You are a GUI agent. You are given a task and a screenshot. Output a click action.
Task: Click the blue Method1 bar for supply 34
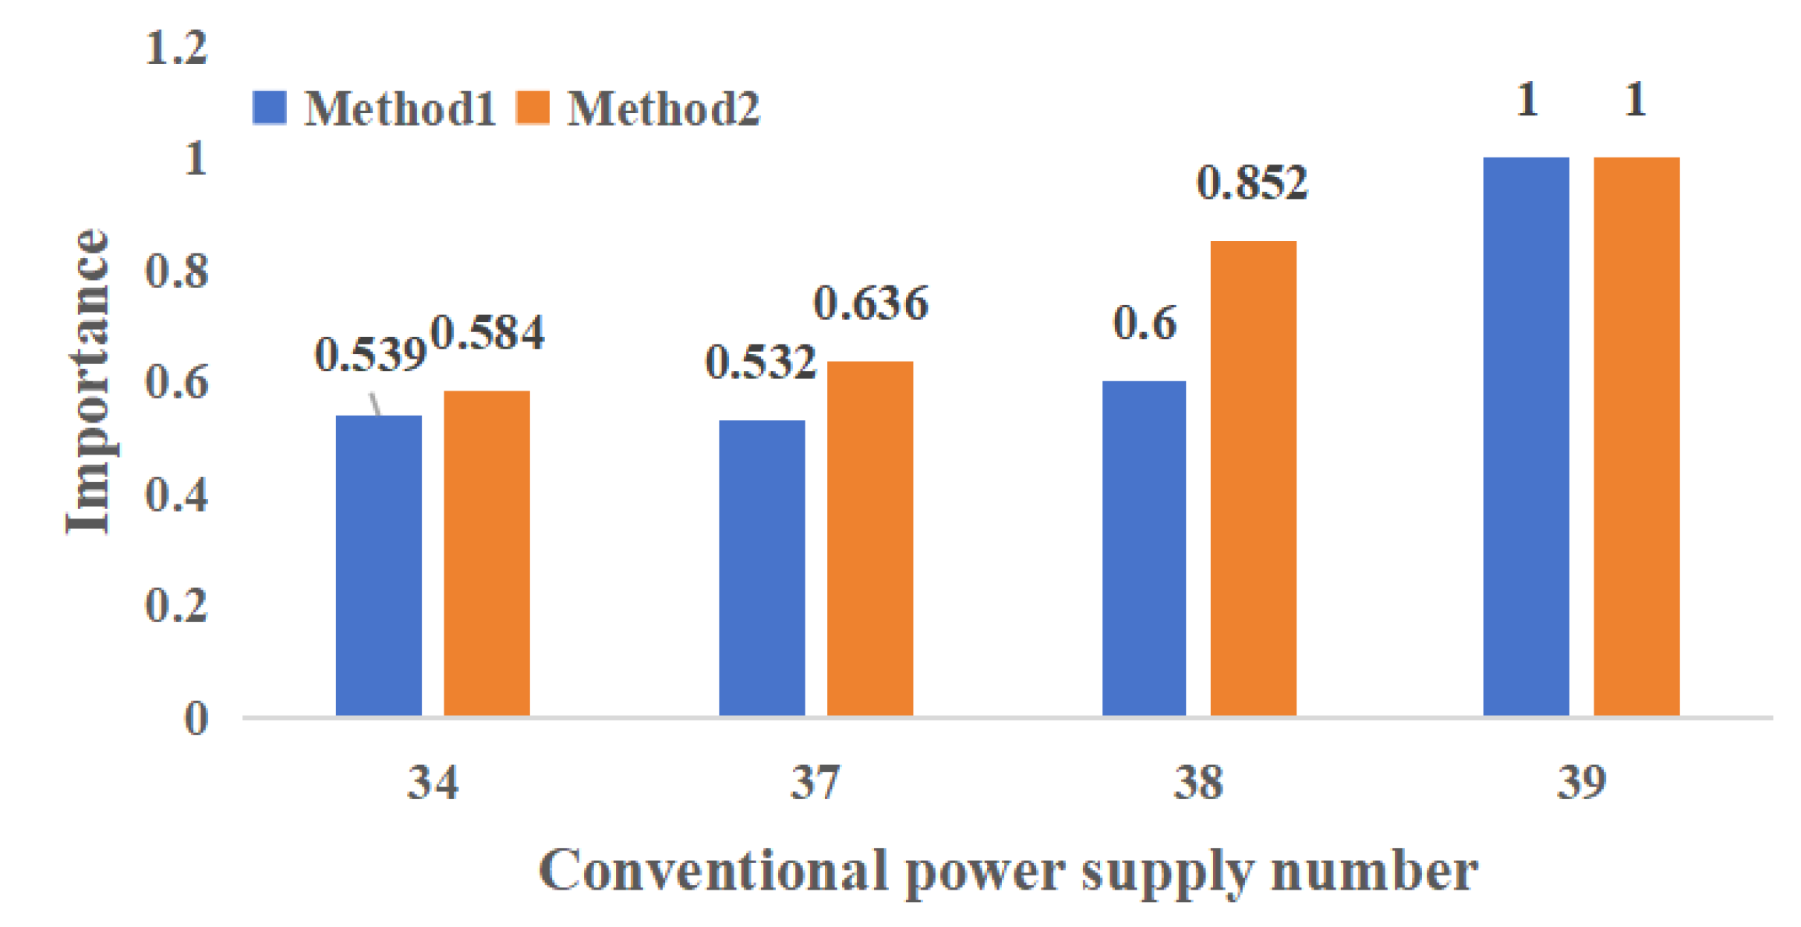(x=378, y=565)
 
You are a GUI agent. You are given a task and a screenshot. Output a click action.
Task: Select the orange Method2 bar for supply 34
(x=487, y=553)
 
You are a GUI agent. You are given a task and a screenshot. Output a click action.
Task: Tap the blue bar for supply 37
(x=761, y=568)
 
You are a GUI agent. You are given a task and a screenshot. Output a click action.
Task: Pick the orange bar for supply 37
(x=869, y=538)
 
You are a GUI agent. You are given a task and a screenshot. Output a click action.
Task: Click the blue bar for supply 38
(x=1143, y=548)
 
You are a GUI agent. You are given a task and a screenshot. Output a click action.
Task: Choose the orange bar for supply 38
(x=1252, y=478)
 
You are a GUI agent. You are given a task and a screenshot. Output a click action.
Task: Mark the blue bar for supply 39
(x=1525, y=436)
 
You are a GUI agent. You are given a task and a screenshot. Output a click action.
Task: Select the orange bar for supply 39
(x=1636, y=436)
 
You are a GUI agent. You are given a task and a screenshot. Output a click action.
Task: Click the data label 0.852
(x=1252, y=183)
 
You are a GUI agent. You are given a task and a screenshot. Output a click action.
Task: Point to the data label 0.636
(x=870, y=303)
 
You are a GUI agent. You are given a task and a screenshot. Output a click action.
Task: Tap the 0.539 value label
(x=370, y=356)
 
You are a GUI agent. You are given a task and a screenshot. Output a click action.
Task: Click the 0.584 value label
(x=487, y=333)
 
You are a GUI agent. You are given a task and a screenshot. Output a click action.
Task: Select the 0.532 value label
(x=760, y=363)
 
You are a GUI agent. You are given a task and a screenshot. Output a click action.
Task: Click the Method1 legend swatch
(x=269, y=108)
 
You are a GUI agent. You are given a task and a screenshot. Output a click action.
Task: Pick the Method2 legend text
(x=663, y=108)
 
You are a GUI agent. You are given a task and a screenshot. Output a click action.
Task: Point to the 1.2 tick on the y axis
(x=176, y=48)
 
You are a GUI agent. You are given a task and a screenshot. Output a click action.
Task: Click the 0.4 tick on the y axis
(x=176, y=495)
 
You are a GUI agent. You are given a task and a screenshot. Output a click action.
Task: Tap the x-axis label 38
(x=1198, y=783)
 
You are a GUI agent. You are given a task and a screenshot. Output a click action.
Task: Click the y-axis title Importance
(x=87, y=382)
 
